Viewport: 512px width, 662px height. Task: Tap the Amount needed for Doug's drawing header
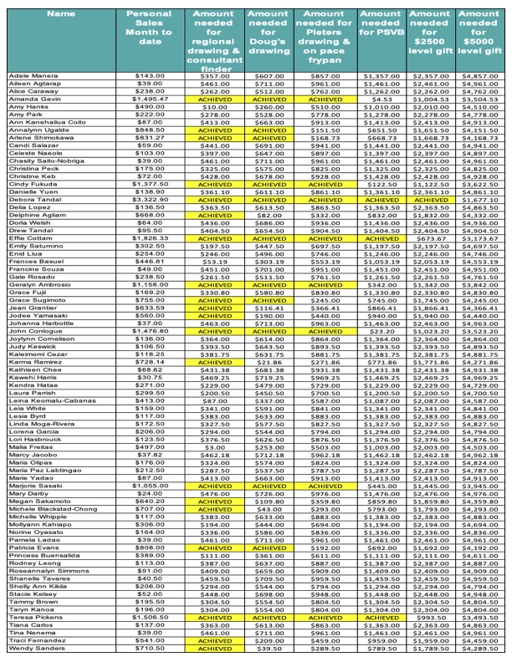pyautogui.click(x=269, y=33)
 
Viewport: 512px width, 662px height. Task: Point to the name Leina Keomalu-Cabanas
pyautogui.click(x=48, y=401)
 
